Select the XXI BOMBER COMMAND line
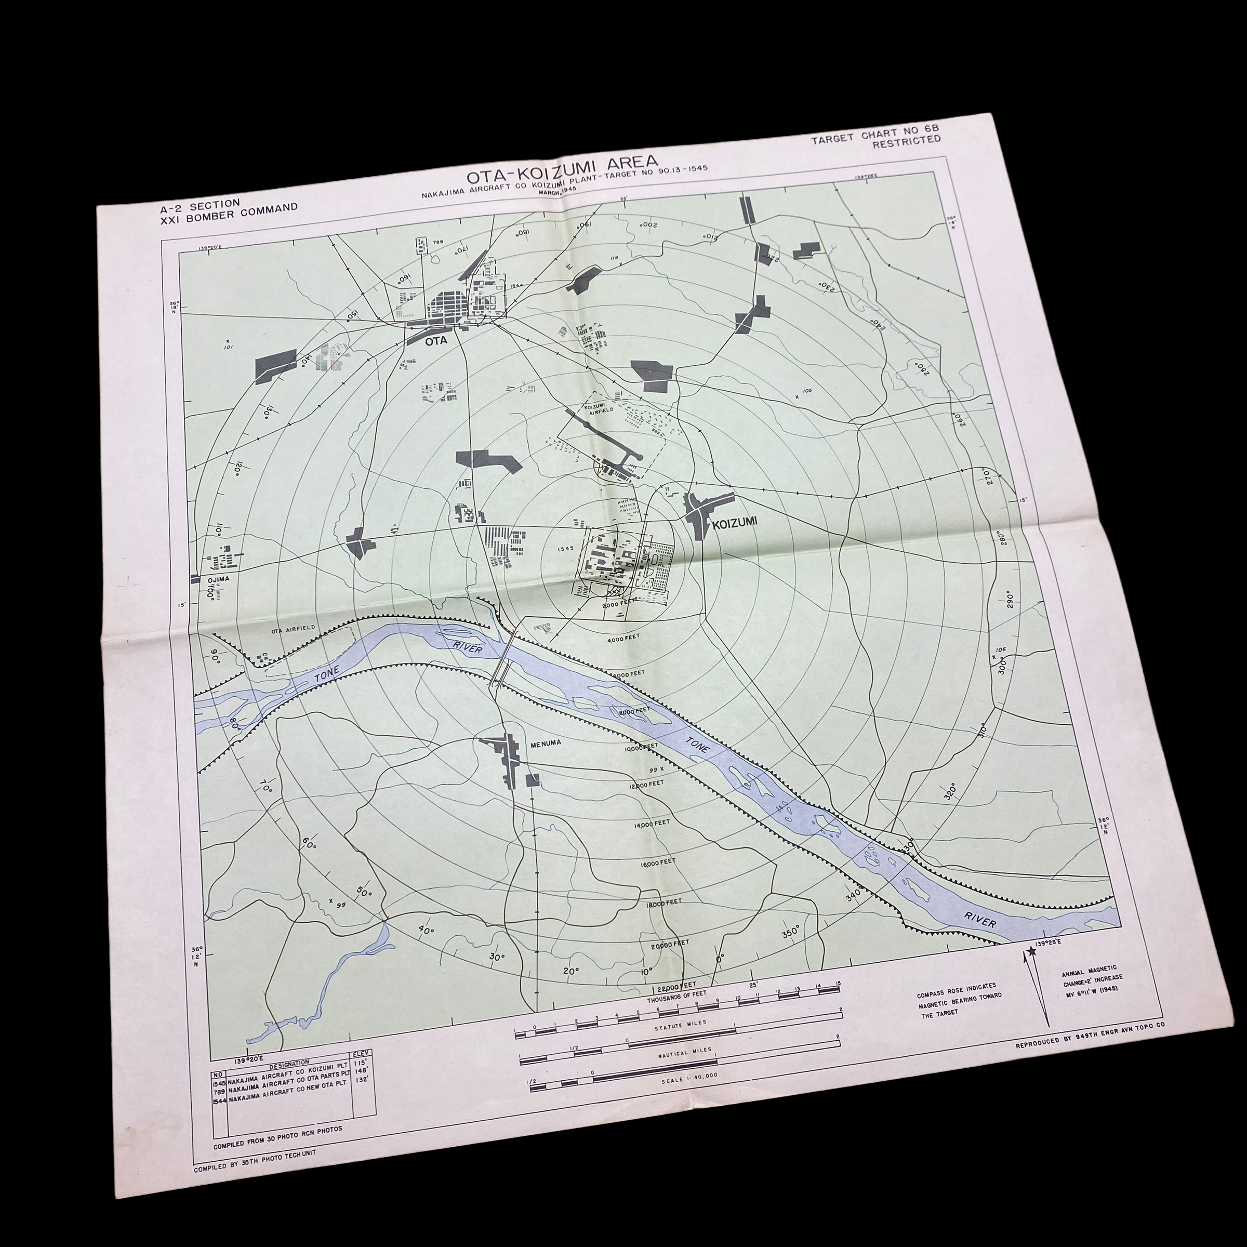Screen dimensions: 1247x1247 tap(229, 211)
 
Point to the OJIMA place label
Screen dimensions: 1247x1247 tap(218, 579)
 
